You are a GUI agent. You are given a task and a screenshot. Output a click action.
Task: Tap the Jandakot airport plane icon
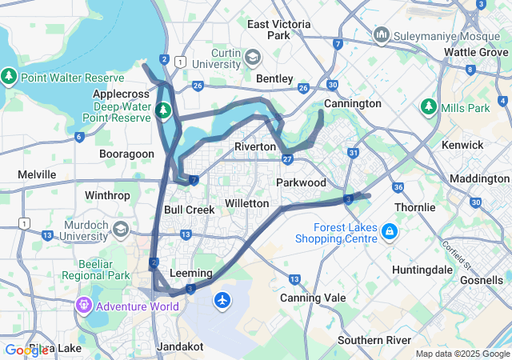(x=222, y=300)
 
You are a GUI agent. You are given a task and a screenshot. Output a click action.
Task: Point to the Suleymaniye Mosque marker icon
(x=381, y=35)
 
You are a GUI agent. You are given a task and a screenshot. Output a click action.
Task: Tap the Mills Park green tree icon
(x=428, y=106)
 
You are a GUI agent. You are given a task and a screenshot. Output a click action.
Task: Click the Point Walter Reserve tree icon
(x=9, y=78)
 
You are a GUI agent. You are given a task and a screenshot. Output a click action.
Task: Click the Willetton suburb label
(x=246, y=203)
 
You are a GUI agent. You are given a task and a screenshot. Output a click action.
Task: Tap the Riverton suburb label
(x=255, y=146)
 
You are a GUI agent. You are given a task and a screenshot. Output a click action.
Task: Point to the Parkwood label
(x=301, y=182)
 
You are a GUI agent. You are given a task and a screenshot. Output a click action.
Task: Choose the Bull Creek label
(x=189, y=210)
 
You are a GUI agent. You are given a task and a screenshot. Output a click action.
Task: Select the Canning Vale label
(x=313, y=298)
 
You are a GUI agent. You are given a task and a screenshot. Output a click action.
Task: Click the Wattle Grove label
(x=476, y=52)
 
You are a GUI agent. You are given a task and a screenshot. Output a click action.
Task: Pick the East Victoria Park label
(x=278, y=30)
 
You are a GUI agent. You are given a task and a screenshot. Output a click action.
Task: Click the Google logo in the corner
(x=26, y=350)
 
